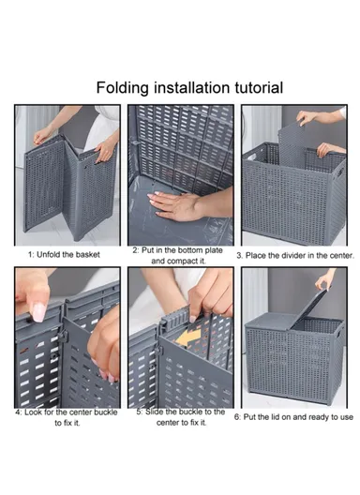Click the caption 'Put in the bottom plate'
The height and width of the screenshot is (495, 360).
tap(183, 250)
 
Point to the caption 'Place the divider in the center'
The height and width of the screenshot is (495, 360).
tap(294, 254)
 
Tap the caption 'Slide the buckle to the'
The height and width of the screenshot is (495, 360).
tap(183, 411)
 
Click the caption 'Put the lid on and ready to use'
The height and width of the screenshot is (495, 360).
tap(294, 416)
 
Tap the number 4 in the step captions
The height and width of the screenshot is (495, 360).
tap(18, 412)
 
